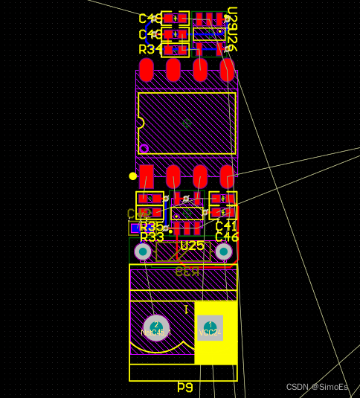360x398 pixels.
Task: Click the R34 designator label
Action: [x=150, y=49]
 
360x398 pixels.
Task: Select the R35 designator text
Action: [x=152, y=226]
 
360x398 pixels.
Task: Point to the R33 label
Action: [x=152, y=237]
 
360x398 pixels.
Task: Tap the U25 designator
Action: [x=192, y=245]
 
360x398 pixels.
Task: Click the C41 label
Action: [x=226, y=226]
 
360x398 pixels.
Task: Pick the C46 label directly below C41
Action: [x=227, y=237]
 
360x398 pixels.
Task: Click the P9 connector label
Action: [x=184, y=388]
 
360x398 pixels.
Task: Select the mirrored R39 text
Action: [x=187, y=272]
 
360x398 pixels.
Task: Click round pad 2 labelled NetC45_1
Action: [x=156, y=327]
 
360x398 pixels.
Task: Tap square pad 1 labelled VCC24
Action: [x=210, y=327]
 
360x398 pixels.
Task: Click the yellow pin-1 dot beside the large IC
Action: [x=133, y=176]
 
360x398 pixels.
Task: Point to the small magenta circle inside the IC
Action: [x=144, y=148]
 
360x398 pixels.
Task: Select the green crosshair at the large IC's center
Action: [x=187, y=123]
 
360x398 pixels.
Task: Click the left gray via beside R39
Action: [x=143, y=252]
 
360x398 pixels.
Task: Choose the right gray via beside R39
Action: [x=223, y=252]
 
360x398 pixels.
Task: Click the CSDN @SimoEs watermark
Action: [x=317, y=387]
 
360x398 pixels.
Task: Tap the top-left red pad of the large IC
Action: [x=146, y=71]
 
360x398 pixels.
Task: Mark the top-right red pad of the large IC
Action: [x=227, y=71]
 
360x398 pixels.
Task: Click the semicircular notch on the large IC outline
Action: [x=140, y=123]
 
